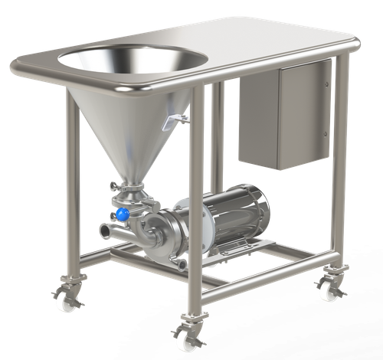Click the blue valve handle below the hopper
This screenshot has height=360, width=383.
[121, 214]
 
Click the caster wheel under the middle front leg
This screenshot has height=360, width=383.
[188, 336]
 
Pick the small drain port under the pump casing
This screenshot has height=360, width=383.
[182, 264]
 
